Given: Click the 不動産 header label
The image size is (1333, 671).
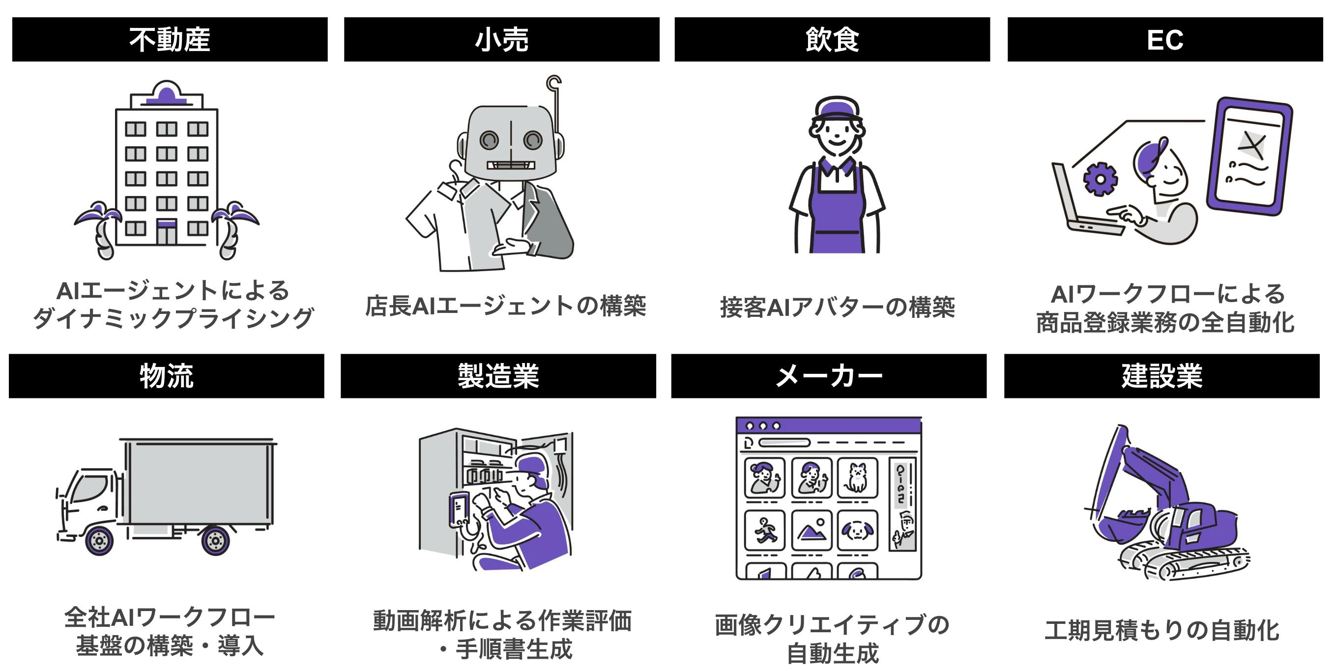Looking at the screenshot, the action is tap(170, 40).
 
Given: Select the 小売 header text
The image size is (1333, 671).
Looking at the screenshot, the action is tap(501, 40).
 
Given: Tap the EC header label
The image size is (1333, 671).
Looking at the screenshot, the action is tap(1165, 40).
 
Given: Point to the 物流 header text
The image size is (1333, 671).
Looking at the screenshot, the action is tap(167, 376).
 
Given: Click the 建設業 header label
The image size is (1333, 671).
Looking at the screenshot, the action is tap(1162, 376).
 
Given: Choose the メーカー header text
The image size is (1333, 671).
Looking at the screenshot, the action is tap(829, 376).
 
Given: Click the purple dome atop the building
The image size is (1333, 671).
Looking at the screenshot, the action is tap(166, 96).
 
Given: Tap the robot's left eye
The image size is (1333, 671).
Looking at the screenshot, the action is tap(489, 140).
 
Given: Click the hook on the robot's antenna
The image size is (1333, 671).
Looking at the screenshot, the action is tap(554, 83).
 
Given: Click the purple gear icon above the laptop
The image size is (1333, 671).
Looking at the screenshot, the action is tap(1100, 179).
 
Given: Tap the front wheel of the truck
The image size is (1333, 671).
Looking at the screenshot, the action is tap(99, 541).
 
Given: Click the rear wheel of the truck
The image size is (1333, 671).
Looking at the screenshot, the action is tap(215, 541).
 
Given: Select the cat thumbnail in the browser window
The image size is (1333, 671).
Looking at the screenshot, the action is tap(857, 477).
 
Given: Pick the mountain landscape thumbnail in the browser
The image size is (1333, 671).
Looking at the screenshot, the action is tap(811, 531).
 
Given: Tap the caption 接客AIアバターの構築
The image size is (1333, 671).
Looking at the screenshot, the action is tap(837, 308).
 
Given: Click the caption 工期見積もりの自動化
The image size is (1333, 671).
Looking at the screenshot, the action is tap(1162, 631).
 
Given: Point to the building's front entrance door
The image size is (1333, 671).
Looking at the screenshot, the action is tap(167, 232).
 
